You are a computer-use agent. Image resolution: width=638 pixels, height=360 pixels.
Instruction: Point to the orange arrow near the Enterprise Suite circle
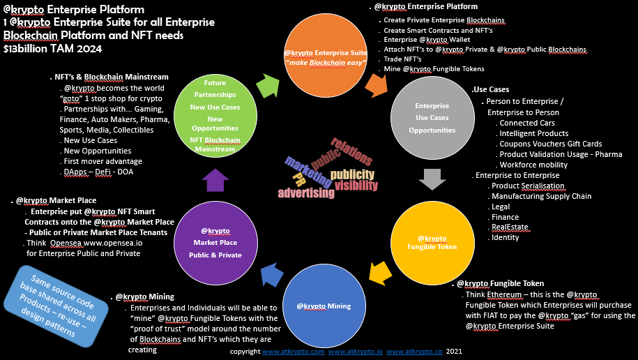[x=377, y=84]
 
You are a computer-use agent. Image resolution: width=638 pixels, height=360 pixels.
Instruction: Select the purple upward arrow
[x=215, y=180]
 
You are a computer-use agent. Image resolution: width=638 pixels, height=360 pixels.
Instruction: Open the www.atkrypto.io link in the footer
[x=354, y=351]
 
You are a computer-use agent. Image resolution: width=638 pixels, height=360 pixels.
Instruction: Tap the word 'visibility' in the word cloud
[x=356, y=186]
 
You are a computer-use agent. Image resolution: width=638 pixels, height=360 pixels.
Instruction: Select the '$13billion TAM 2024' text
[x=52, y=49]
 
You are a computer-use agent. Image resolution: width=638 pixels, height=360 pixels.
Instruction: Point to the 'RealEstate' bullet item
[x=510, y=227]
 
